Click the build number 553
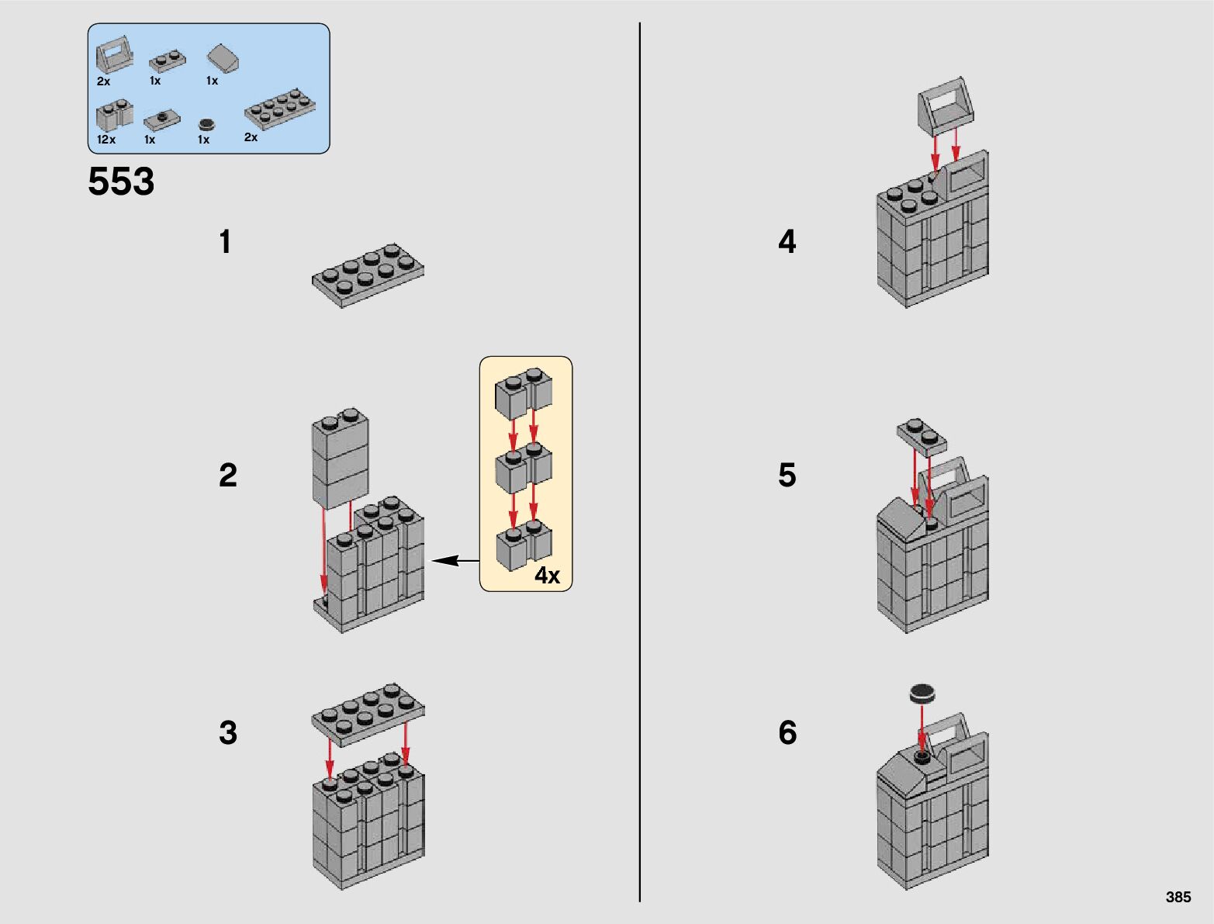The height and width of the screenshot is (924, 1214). [121, 182]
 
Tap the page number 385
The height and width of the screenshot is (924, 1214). [1178, 897]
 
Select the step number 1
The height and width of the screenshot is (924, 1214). [225, 242]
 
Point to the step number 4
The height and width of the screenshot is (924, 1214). [787, 242]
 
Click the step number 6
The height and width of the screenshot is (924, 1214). [787, 732]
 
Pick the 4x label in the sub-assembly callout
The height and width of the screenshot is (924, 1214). [547, 575]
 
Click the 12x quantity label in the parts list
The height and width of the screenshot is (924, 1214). [106, 140]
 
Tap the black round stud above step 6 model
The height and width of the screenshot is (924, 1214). [922, 692]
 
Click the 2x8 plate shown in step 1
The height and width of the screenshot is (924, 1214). [368, 275]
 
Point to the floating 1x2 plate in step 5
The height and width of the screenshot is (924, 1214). [922, 436]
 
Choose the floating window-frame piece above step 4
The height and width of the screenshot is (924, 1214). [946, 103]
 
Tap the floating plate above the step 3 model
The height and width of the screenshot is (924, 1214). [368, 711]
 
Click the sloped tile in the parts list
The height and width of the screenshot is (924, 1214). [223, 58]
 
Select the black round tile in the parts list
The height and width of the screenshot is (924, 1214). [206, 124]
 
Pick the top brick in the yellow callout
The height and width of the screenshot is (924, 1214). [524, 394]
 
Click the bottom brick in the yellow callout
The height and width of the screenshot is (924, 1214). [524, 548]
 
